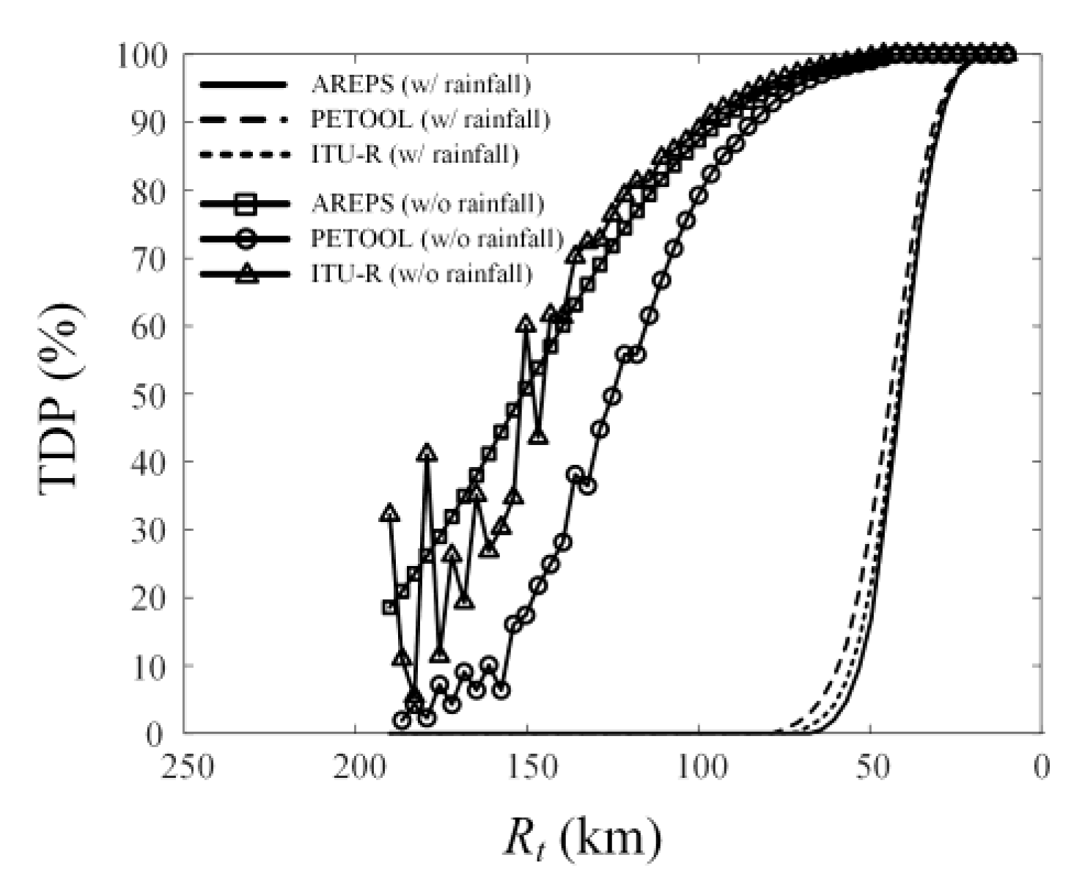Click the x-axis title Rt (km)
click(582, 838)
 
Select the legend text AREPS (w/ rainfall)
click(421, 84)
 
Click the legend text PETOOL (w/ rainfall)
click(430, 119)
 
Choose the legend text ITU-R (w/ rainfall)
click(415, 154)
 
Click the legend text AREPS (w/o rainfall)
click(427, 203)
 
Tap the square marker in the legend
click(246, 205)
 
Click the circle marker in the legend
click(246, 239)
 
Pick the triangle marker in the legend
click(246, 273)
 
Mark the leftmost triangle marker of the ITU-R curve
click(390, 513)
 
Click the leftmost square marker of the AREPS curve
click(390, 607)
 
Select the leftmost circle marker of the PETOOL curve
click(402, 720)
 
